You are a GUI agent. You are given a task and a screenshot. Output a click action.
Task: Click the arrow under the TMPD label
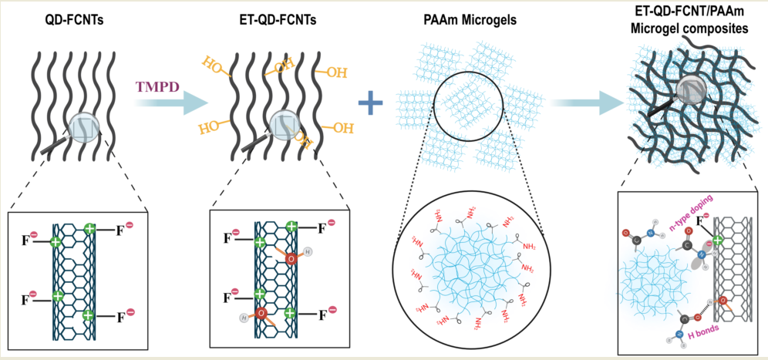point(161,104)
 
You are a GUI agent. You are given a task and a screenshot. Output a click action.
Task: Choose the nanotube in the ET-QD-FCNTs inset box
point(273,278)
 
